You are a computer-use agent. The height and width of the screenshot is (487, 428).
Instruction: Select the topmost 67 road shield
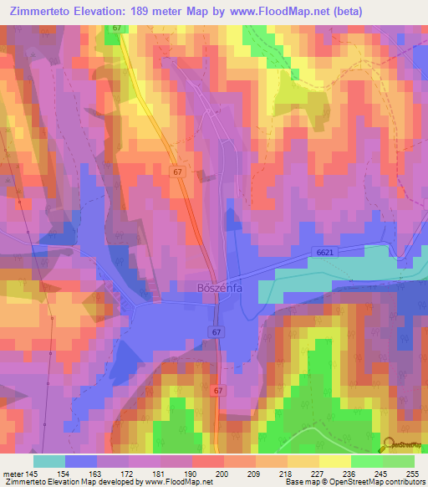pyautogui.click(x=116, y=28)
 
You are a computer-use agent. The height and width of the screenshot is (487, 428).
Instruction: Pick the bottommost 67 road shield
pyautogui.click(x=218, y=391)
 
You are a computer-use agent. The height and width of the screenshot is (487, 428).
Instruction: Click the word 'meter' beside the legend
pyautogui.click(x=12, y=473)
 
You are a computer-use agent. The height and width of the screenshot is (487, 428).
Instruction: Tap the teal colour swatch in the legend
pyautogui.click(x=49, y=461)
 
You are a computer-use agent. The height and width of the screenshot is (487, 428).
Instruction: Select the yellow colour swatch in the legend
pyautogui.click(x=334, y=461)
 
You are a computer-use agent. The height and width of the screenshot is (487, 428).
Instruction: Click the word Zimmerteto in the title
pyautogui.click(x=38, y=11)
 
